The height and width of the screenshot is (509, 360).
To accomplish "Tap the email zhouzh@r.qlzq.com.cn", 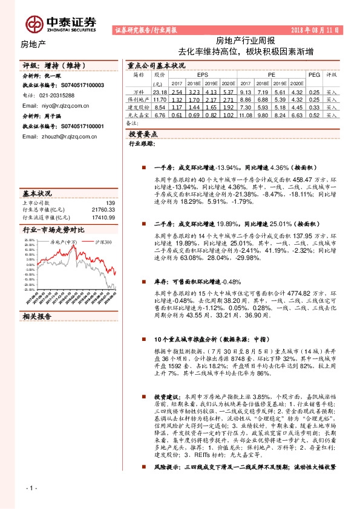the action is coord(59,137).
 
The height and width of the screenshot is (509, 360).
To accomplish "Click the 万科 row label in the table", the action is coord(139,91).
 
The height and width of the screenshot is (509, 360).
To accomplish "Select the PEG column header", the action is coord(313,74).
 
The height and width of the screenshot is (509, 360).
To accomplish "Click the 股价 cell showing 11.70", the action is coord(160,99).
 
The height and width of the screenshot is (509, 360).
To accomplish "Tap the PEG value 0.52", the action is coord(313,115).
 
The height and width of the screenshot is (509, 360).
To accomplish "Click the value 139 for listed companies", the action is coord(110,203).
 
